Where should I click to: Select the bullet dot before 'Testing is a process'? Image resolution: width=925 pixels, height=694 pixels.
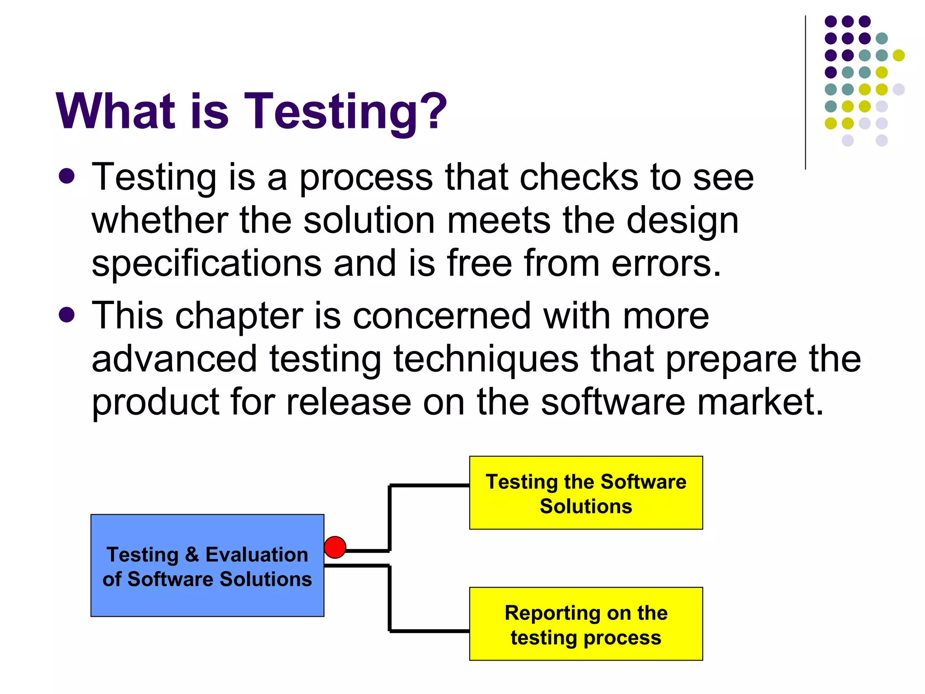click(x=66, y=176)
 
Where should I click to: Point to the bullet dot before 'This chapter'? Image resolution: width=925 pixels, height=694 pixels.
click(x=66, y=315)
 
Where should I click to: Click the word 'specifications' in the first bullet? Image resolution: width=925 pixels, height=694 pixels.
click(x=206, y=264)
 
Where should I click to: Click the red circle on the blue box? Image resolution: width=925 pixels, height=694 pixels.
click(x=335, y=547)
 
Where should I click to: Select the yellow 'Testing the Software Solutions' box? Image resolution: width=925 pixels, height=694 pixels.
click(x=586, y=492)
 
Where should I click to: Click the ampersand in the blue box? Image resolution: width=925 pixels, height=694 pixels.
click(x=192, y=554)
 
